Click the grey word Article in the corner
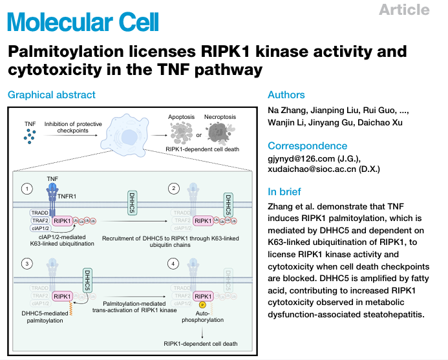coord(404,10)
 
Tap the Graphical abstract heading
coord(52,95)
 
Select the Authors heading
coord(286,95)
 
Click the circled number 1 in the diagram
coord(27,189)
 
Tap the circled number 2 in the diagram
coord(174,189)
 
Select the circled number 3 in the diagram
coord(27,264)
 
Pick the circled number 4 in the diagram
coord(174,264)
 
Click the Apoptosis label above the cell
coord(181,117)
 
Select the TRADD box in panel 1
coord(39,212)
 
